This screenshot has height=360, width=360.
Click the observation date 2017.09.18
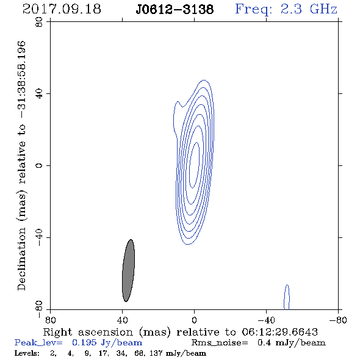pos(62,9)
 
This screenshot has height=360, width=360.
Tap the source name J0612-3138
pos(175,10)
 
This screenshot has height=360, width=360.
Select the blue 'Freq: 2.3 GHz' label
pos(286,9)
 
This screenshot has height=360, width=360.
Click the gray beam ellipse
pos(128,270)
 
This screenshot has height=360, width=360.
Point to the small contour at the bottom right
pos(287,297)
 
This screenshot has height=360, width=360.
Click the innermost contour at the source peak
pos(194,165)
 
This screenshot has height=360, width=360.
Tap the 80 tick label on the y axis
pos(39,22)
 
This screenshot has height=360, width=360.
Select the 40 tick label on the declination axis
pos(39,94)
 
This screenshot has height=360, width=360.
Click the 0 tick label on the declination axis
pos(39,165)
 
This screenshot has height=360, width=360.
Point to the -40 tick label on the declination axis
pos(39,237)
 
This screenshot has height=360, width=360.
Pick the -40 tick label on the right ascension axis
pos(266,320)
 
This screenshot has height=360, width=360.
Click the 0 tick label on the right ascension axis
pos(194,320)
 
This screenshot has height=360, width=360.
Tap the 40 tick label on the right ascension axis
pos(122,320)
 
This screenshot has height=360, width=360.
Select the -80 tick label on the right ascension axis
pos(338,320)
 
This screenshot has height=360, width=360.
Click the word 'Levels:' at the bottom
pos(27,353)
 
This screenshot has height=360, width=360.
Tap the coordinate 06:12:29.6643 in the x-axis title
pos(279,332)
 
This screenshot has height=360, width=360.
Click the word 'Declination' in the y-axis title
pos(21,259)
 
